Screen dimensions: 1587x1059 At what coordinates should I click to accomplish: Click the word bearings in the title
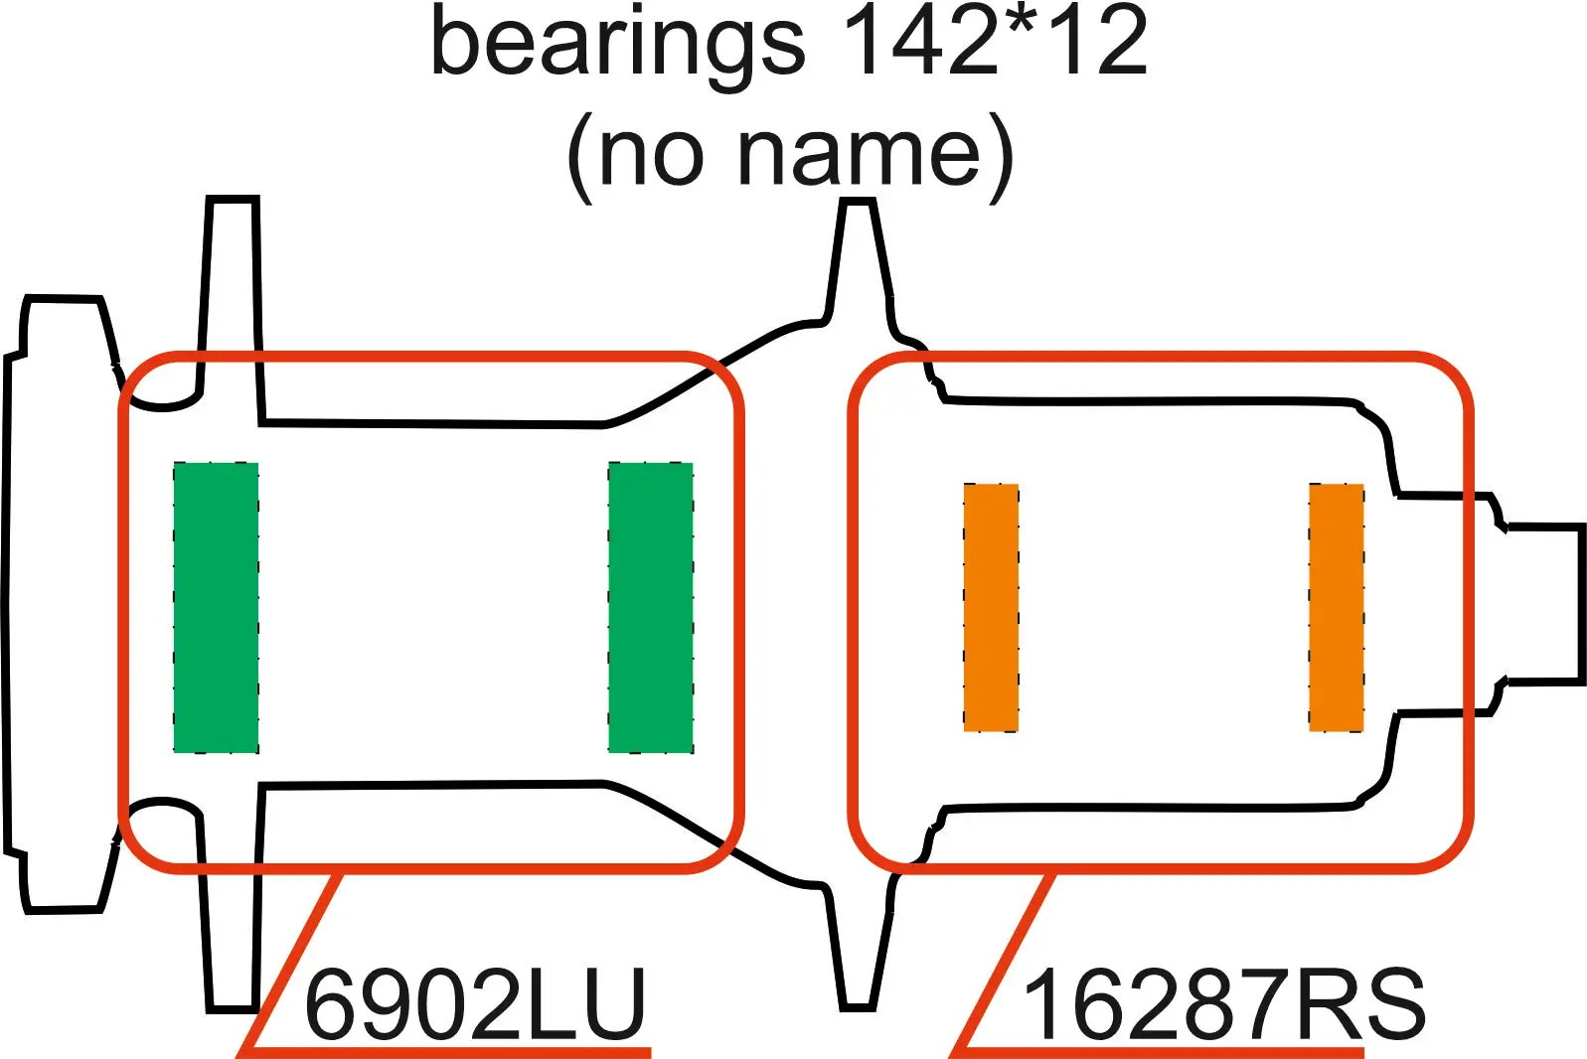pos(617,45)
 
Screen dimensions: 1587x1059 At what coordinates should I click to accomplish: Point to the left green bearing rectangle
pos(216,607)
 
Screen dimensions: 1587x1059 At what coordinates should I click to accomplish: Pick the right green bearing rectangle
pos(650,607)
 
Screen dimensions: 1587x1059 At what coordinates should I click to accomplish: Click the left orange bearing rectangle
pos(991,607)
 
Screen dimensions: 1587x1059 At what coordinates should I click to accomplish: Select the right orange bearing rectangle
pos(1336,607)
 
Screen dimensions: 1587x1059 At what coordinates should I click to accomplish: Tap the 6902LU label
pos(476,1004)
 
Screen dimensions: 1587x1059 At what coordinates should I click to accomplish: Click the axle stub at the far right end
pos(1540,604)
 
